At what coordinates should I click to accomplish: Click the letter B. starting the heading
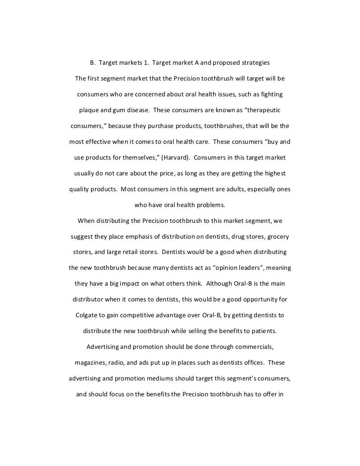(x=92, y=63)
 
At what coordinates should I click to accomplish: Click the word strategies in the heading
(x=254, y=63)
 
